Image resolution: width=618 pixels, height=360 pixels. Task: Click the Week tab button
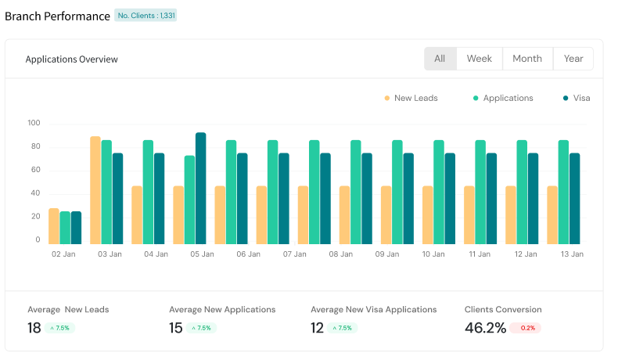(x=479, y=59)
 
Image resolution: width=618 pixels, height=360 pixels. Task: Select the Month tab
(x=526, y=59)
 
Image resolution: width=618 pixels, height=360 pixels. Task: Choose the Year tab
(x=573, y=59)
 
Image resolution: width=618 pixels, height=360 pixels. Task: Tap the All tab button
(x=440, y=59)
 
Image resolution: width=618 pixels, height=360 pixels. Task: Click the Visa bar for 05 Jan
(x=201, y=188)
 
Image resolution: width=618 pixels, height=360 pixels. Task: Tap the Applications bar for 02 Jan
(x=65, y=227)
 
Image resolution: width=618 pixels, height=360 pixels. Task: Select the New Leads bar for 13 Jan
(x=552, y=214)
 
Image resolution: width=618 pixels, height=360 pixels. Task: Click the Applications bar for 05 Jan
(x=190, y=200)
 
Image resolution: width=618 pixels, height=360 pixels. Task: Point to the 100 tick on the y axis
(x=34, y=124)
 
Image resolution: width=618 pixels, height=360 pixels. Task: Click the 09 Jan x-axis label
(x=387, y=254)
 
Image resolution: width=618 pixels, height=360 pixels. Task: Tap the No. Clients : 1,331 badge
(x=146, y=15)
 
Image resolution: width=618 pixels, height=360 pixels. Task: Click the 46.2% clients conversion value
(x=485, y=328)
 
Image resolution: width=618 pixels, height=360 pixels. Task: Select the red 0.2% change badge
(x=525, y=328)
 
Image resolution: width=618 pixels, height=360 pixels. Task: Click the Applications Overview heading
(x=72, y=59)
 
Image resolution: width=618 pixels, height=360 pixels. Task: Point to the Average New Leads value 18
(x=34, y=328)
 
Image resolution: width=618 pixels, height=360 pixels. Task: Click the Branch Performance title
(x=57, y=16)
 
